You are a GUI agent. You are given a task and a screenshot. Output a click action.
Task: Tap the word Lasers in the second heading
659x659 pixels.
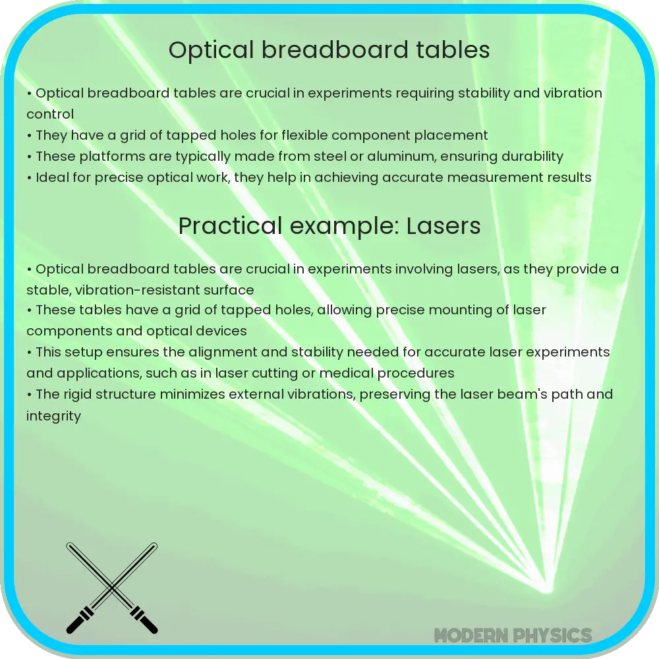[x=444, y=226]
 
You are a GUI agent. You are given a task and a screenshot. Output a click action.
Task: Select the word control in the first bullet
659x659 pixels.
[x=50, y=114]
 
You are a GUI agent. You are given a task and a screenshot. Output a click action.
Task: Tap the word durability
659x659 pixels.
[x=524, y=156]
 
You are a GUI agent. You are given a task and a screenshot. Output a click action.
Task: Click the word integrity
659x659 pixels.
[x=53, y=416]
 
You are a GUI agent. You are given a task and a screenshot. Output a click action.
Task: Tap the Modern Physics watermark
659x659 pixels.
[x=513, y=635]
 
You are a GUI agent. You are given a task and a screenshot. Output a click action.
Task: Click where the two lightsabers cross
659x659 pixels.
[x=112, y=587]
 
